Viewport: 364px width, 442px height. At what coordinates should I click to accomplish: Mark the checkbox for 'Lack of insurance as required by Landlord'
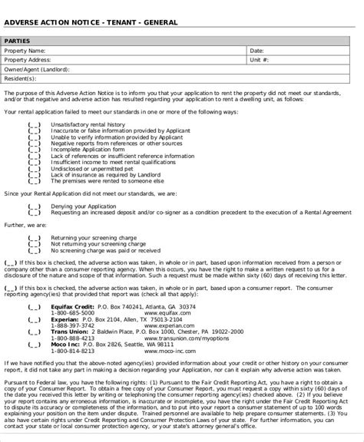35,175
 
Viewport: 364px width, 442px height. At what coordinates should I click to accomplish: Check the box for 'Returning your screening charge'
35,237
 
